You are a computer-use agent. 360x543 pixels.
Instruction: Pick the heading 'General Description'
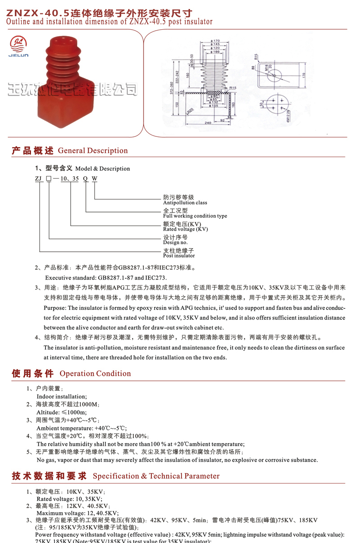93,150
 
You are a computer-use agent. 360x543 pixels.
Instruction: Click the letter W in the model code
94,178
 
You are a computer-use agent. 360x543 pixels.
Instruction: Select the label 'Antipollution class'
185,203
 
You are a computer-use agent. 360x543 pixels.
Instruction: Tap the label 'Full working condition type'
195,216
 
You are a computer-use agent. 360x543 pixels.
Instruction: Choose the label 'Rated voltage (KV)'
185,229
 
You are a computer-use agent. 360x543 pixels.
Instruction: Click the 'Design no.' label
175,242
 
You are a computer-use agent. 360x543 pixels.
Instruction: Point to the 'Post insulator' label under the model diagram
179,256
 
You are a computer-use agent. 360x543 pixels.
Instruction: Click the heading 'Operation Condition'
95,373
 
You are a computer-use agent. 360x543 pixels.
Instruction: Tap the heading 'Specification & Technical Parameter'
156,476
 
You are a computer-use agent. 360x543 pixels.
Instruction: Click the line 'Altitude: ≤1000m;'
62,412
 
